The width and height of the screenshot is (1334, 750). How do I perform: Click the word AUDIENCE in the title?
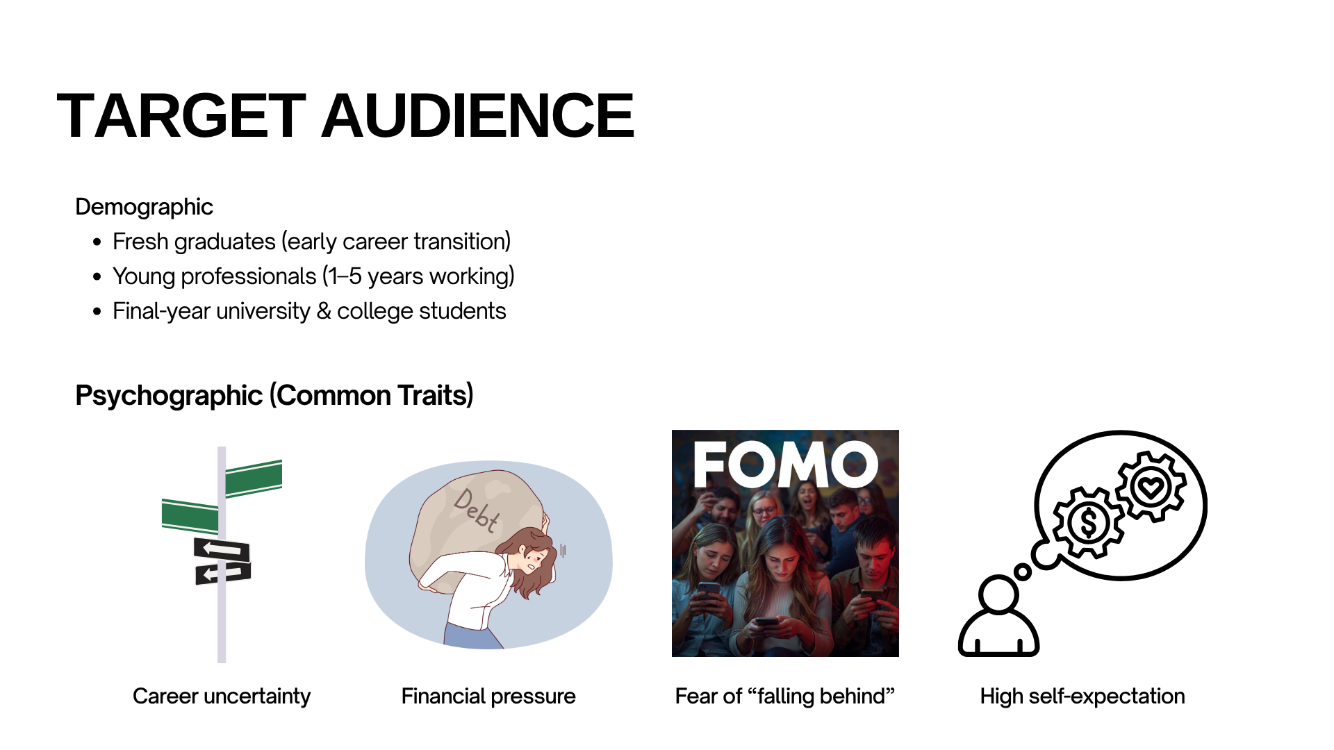click(477, 115)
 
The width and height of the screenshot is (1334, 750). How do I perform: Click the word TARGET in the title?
click(181, 115)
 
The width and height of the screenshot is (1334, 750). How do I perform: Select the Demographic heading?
click(144, 207)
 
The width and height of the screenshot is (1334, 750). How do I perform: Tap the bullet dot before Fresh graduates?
click(97, 242)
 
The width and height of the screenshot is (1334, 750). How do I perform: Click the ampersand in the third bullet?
click(323, 311)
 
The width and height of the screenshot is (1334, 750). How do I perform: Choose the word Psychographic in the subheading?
click(169, 395)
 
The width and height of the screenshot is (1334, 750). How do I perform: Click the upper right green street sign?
click(254, 478)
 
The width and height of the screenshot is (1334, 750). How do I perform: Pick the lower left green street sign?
click(190, 517)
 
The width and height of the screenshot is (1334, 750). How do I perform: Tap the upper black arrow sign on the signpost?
click(222, 549)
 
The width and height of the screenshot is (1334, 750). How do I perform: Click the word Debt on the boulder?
click(476, 510)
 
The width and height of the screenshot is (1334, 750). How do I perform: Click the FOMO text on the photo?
click(786, 465)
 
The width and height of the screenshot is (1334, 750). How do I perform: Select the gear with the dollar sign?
click(1088, 522)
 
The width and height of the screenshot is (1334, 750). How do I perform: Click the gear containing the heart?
click(1151, 486)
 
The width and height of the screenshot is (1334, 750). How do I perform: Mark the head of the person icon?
click(998, 594)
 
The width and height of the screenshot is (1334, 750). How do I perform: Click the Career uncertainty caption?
click(222, 696)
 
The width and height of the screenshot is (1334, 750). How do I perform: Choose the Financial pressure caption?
click(488, 696)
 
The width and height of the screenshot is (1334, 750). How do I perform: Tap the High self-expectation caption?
click(1082, 696)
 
